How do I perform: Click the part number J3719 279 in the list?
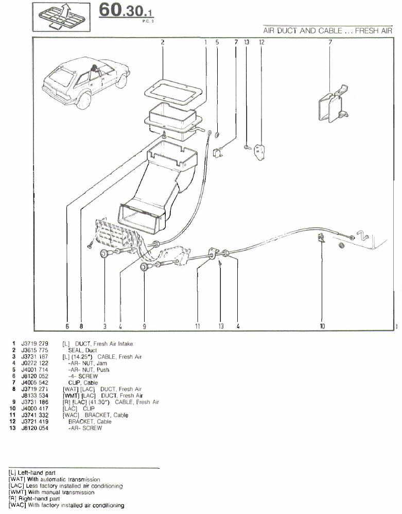34,343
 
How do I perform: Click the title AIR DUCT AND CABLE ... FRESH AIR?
328,31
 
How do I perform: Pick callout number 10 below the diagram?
322,325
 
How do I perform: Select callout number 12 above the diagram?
261,42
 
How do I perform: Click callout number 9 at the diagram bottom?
145,325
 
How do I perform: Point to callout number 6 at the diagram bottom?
67,325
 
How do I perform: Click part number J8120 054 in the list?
34,428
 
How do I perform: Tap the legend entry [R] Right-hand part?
34,499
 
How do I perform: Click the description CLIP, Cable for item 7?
83,383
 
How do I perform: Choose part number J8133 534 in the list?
34,396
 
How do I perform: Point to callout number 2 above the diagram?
163,42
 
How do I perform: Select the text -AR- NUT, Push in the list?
89,369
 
